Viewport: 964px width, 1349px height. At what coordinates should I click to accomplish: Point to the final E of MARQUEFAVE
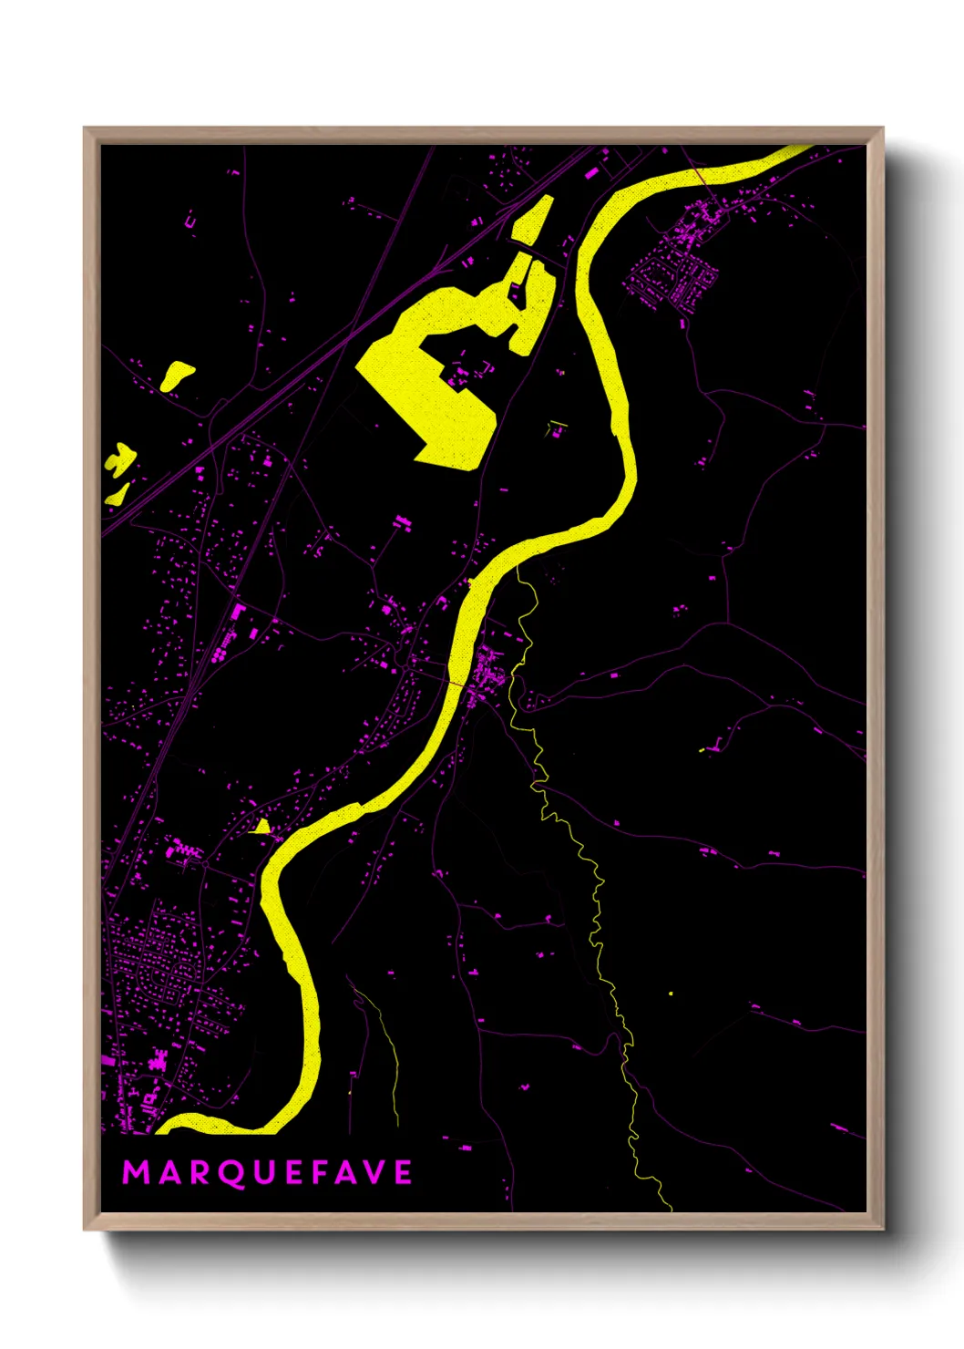pos(403,1172)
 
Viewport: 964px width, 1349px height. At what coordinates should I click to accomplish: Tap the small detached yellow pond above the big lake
pos(533,220)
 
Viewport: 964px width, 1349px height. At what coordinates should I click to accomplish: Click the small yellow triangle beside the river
pos(261,827)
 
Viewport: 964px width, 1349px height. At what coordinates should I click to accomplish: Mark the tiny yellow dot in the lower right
pos(671,993)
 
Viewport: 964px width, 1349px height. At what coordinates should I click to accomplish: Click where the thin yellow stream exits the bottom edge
pos(671,1209)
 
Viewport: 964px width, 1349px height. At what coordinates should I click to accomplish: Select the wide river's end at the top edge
pos(802,149)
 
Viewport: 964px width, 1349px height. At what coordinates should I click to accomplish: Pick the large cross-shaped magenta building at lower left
pos(159,1060)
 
